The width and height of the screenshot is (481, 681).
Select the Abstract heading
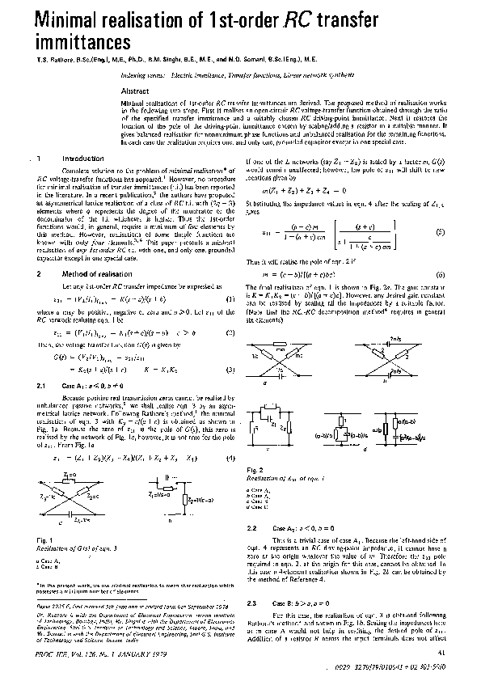135,91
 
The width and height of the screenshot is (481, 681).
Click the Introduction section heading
82,159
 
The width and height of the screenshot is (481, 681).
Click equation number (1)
230,298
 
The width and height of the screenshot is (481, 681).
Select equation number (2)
230,332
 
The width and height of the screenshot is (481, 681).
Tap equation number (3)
230,369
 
